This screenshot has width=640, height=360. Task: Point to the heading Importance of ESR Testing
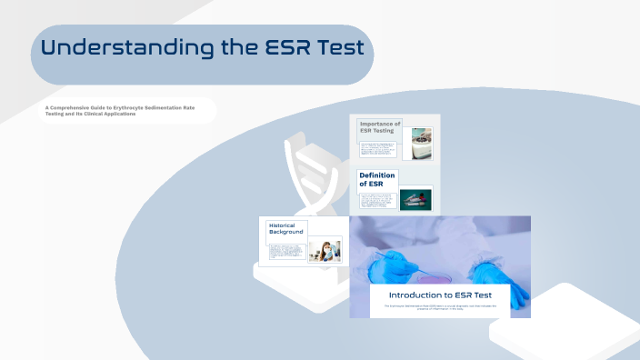click(379, 127)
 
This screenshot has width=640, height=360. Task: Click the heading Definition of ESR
click(377, 179)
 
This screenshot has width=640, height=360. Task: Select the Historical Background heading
click(285, 228)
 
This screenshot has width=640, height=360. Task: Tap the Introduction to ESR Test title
click(439, 295)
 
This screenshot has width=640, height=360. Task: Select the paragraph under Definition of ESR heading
click(378, 202)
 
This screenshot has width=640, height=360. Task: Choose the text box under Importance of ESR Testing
click(377, 149)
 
